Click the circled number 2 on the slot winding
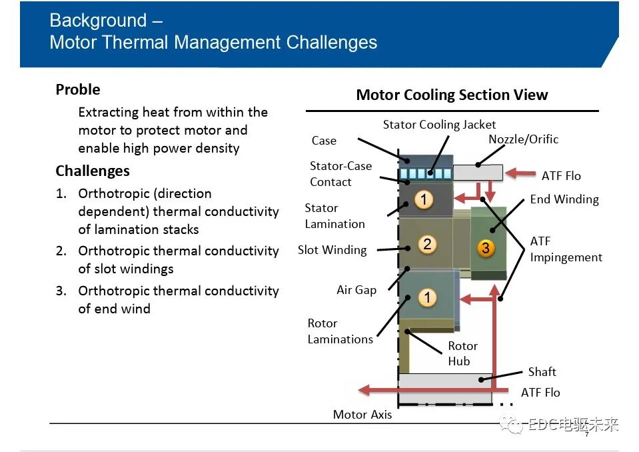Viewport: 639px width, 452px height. point(427,244)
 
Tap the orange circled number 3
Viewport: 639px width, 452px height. point(486,248)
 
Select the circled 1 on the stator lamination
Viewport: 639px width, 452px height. point(424,200)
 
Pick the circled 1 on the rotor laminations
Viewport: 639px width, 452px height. point(427,297)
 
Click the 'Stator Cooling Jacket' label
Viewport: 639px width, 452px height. point(439,124)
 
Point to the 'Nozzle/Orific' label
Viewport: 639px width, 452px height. point(523,139)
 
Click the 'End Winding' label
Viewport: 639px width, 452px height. point(564,199)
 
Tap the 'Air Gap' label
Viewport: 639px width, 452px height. point(356,290)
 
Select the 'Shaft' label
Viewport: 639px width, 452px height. point(542,372)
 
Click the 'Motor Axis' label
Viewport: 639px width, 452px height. point(362,415)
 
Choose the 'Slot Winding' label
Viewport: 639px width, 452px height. point(332,250)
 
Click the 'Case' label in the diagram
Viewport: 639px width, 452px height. point(324,141)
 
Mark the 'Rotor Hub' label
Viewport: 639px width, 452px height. point(462,353)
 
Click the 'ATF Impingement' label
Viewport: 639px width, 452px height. point(566,249)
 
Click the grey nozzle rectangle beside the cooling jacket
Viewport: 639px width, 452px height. point(478,173)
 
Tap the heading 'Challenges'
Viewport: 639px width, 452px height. point(93,171)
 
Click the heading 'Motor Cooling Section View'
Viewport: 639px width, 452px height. point(452,95)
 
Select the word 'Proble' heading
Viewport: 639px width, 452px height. point(78,89)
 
